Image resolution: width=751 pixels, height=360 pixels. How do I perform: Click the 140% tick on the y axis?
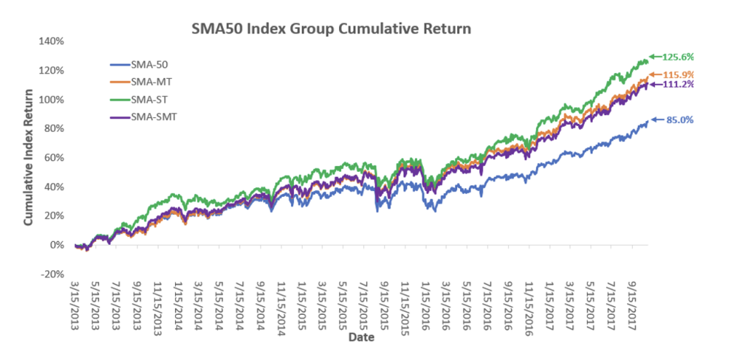pos(53,41)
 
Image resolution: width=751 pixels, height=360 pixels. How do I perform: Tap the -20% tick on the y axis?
pos(55,274)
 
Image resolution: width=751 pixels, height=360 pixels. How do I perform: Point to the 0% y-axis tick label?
pos(58,245)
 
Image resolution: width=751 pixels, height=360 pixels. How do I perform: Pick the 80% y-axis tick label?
pos(56,128)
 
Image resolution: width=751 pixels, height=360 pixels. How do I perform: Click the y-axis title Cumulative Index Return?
pos(30,157)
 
